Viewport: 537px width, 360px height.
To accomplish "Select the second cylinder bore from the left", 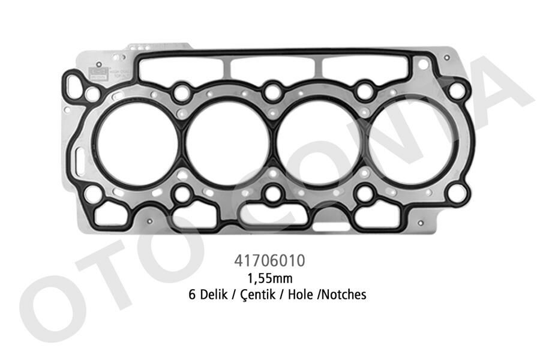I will tap(227, 143).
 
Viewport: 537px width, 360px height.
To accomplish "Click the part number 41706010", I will tap(269, 262).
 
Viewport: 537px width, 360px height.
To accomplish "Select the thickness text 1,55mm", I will tap(269, 278).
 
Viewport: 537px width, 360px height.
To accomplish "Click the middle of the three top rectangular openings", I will tap(274, 67).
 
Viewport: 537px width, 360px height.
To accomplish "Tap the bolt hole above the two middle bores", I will tap(273, 92).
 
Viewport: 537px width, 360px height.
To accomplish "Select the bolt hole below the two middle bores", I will tap(273, 193).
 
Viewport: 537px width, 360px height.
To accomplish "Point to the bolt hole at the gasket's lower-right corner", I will tap(457, 193).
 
